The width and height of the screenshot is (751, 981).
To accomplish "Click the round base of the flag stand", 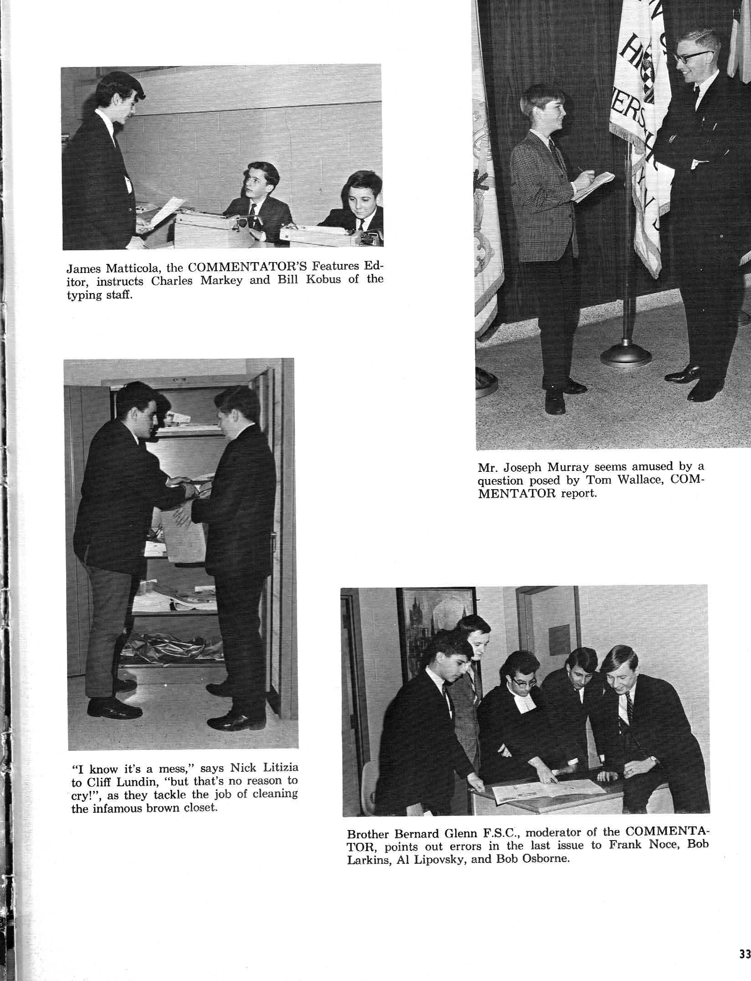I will [626, 354].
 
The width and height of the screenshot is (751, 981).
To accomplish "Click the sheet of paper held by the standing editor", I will [162, 212].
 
